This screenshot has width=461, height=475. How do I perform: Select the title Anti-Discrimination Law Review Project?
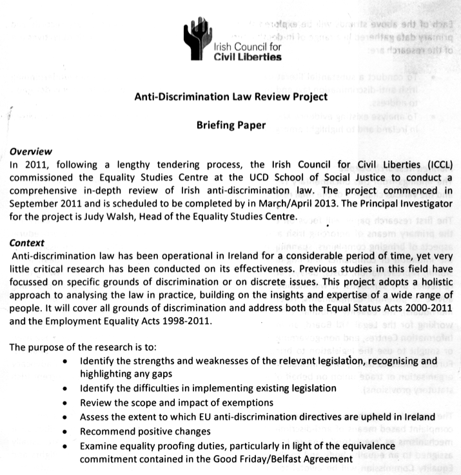230,97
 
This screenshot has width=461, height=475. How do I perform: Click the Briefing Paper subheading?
230,126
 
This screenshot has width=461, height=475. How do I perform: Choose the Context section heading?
28,244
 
